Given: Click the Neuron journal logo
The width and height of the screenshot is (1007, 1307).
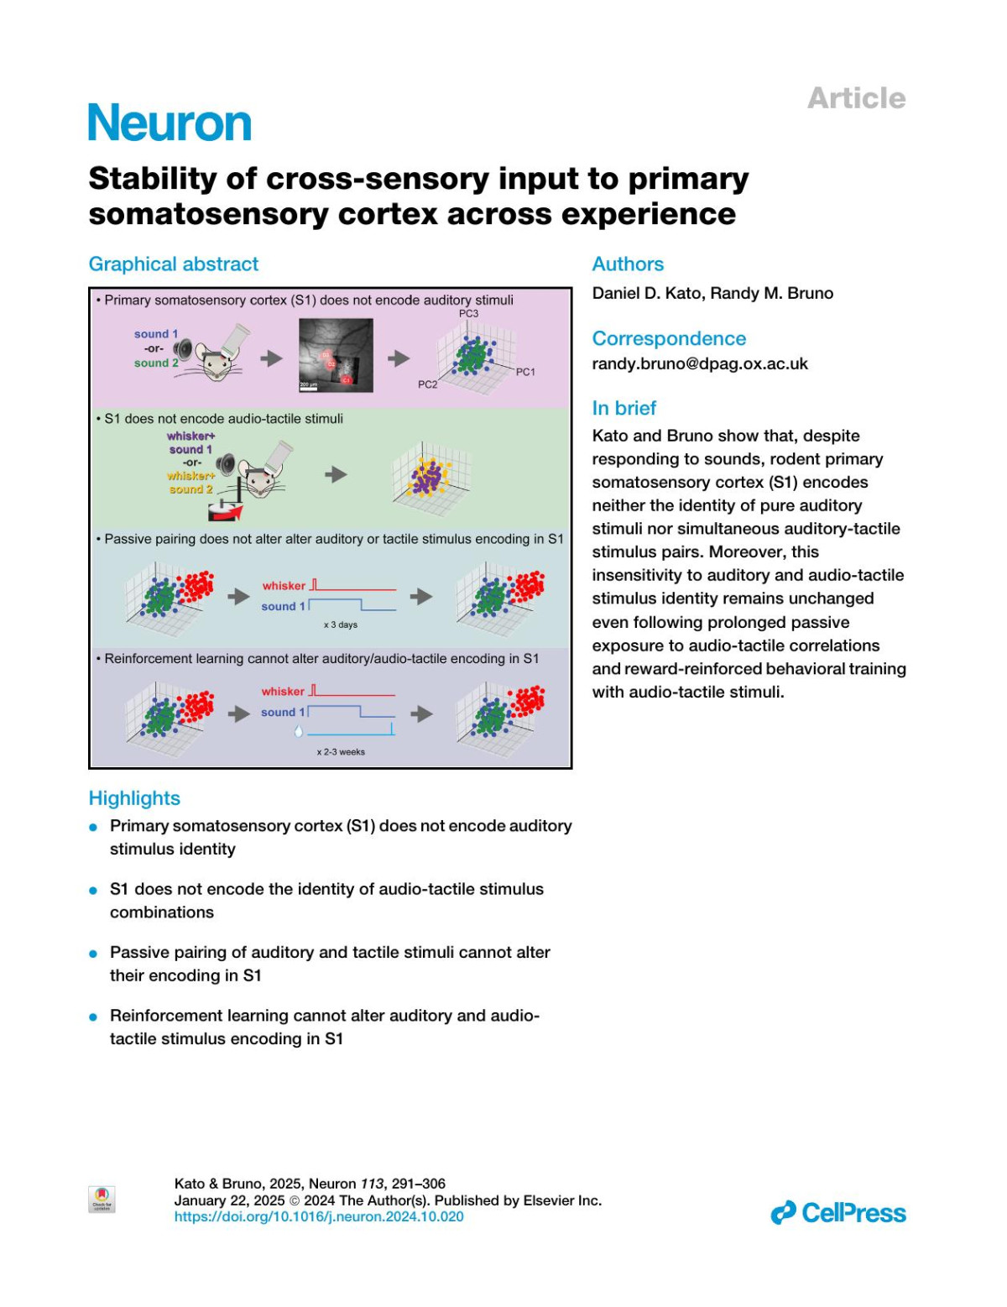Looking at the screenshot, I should coord(170,123).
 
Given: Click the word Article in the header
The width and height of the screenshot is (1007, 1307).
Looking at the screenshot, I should coord(856,98).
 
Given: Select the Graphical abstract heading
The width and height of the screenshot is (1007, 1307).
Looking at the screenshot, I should coord(174,264).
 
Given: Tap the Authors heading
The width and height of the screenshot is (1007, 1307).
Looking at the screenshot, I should coord(628,264).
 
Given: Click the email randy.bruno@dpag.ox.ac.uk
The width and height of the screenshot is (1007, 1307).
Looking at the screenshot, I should coord(700,363).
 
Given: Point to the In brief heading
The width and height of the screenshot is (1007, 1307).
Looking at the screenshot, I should coord(624,408).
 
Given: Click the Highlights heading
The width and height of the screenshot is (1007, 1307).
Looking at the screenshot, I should coord(134,798).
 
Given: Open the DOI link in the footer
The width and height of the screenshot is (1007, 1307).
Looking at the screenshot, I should coord(319,1216).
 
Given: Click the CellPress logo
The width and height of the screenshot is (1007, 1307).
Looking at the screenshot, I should coord(838,1213).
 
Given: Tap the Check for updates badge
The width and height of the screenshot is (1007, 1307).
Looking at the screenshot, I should coord(102,1199).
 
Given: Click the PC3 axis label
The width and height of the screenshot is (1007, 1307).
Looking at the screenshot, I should coord(468,314).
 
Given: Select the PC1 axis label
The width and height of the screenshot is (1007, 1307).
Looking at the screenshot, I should coord(525,372).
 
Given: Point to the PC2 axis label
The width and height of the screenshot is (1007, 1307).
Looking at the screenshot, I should coord(428,384).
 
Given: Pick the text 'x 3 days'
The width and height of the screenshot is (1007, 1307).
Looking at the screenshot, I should coord(341,625).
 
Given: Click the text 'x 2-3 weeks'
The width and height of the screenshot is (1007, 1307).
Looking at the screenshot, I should coord(341,752).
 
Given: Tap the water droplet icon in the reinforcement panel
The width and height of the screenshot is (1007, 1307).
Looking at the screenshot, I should coord(299,731).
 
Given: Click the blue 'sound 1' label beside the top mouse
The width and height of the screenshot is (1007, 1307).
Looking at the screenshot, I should coord(156,334).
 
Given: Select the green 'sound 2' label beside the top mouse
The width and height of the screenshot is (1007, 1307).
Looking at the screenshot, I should coord(156,363).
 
